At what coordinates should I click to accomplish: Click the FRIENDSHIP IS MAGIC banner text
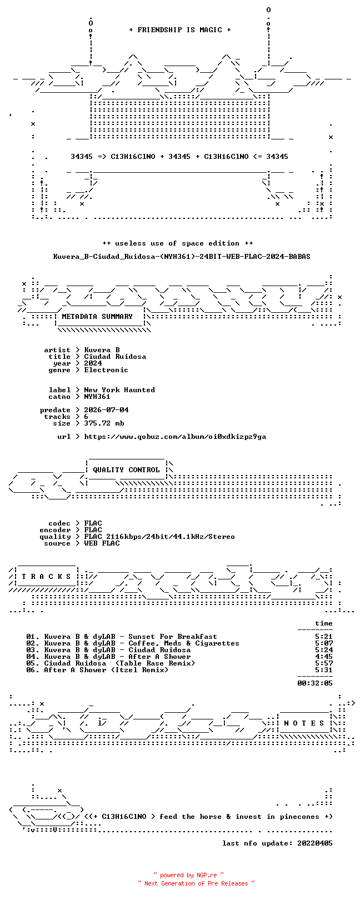[179, 30]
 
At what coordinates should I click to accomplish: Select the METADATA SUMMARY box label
[97, 317]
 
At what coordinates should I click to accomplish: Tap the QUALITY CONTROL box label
[126, 470]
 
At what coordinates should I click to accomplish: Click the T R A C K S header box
[46, 577]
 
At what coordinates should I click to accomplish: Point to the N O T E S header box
[304, 723]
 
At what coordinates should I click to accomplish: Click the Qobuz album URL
[175, 437]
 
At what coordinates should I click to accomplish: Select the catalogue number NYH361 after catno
[97, 397]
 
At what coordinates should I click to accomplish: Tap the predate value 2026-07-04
[106, 410]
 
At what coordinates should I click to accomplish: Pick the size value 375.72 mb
[104, 423]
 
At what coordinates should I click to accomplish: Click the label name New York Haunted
[119, 390]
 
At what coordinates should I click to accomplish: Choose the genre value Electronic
[106, 370]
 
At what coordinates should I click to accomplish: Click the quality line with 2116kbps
[159, 537]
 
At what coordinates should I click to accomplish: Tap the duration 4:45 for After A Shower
[324, 657]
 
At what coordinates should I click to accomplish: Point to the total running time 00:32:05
[315, 683]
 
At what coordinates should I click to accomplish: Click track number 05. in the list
[33, 663]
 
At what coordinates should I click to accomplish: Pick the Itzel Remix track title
[106, 670]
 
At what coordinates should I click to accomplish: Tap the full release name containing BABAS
[182, 256]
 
